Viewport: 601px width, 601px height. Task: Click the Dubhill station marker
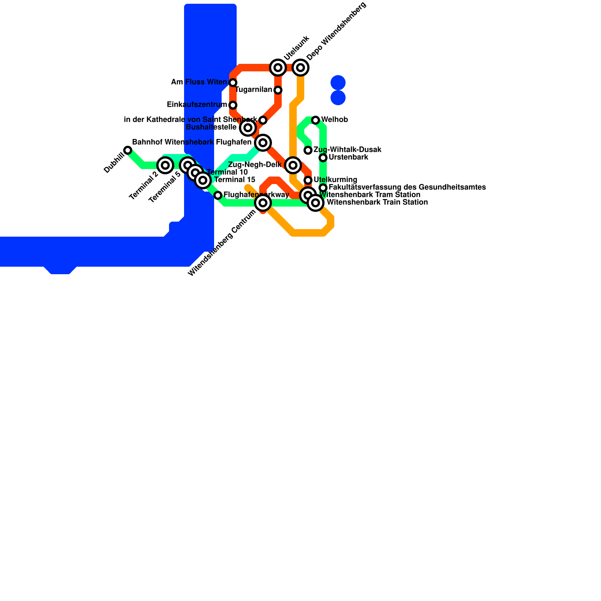(x=128, y=150)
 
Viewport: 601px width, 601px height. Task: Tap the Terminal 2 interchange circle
(x=165, y=165)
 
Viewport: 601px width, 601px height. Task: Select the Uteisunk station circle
(x=278, y=68)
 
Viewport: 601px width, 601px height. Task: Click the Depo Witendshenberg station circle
(x=300, y=68)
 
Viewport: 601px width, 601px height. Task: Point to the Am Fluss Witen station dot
(x=233, y=83)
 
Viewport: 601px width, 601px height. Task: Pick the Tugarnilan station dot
(x=278, y=90)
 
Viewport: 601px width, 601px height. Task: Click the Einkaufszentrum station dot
(x=233, y=105)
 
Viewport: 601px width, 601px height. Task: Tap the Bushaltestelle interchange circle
(x=248, y=128)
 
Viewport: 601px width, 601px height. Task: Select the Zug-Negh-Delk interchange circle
(x=293, y=165)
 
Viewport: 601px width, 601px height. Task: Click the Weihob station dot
(x=316, y=120)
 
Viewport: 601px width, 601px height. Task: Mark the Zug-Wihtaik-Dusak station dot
(x=308, y=150)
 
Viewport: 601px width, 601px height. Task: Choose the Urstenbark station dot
(x=323, y=158)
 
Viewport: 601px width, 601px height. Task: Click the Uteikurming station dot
(x=308, y=180)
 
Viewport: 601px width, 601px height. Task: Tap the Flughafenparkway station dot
(x=218, y=195)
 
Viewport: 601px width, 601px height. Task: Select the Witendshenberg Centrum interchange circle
(x=263, y=203)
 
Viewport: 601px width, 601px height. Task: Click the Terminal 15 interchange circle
(x=203, y=180)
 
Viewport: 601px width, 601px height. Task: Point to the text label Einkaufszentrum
(x=197, y=104)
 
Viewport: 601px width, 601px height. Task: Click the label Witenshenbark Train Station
(x=377, y=202)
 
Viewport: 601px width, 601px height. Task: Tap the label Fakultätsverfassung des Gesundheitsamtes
(x=407, y=187)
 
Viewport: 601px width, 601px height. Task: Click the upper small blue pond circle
(x=338, y=83)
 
